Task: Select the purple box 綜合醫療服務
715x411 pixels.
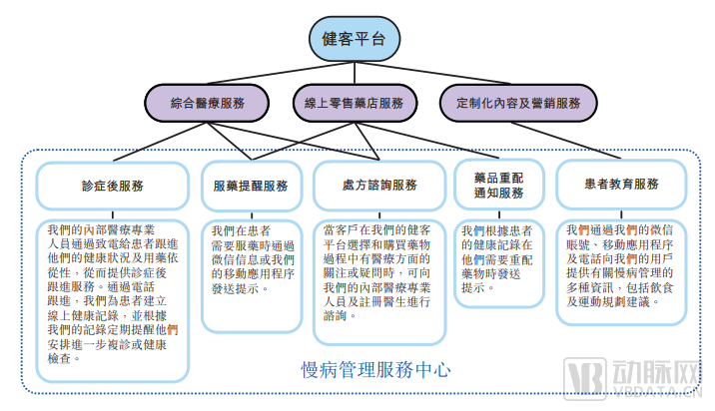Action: pyautogui.click(x=207, y=103)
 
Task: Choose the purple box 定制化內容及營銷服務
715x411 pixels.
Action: pyautogui.click(x=518, y=103)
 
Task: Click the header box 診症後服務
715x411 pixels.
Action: pyautogui.click(x=113, y=186)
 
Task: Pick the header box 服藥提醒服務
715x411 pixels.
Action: pyautogui.click(x=251, y=186)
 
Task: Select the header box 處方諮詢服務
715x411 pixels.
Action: pyautogui.click(x=378, y=186)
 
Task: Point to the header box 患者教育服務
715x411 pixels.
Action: pyautogui.click(x=621, y=186)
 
